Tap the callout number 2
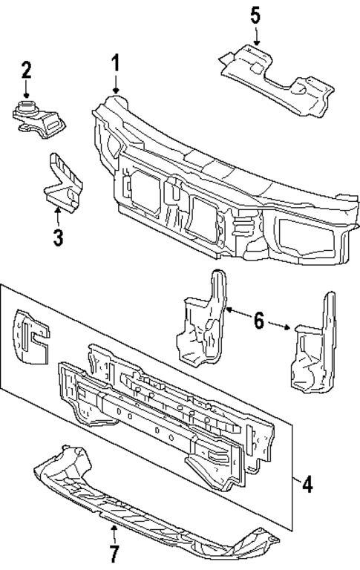26,71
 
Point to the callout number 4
307,487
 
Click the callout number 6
258,321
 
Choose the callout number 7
114,553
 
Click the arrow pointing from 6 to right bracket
280,324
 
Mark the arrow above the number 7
114,532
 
